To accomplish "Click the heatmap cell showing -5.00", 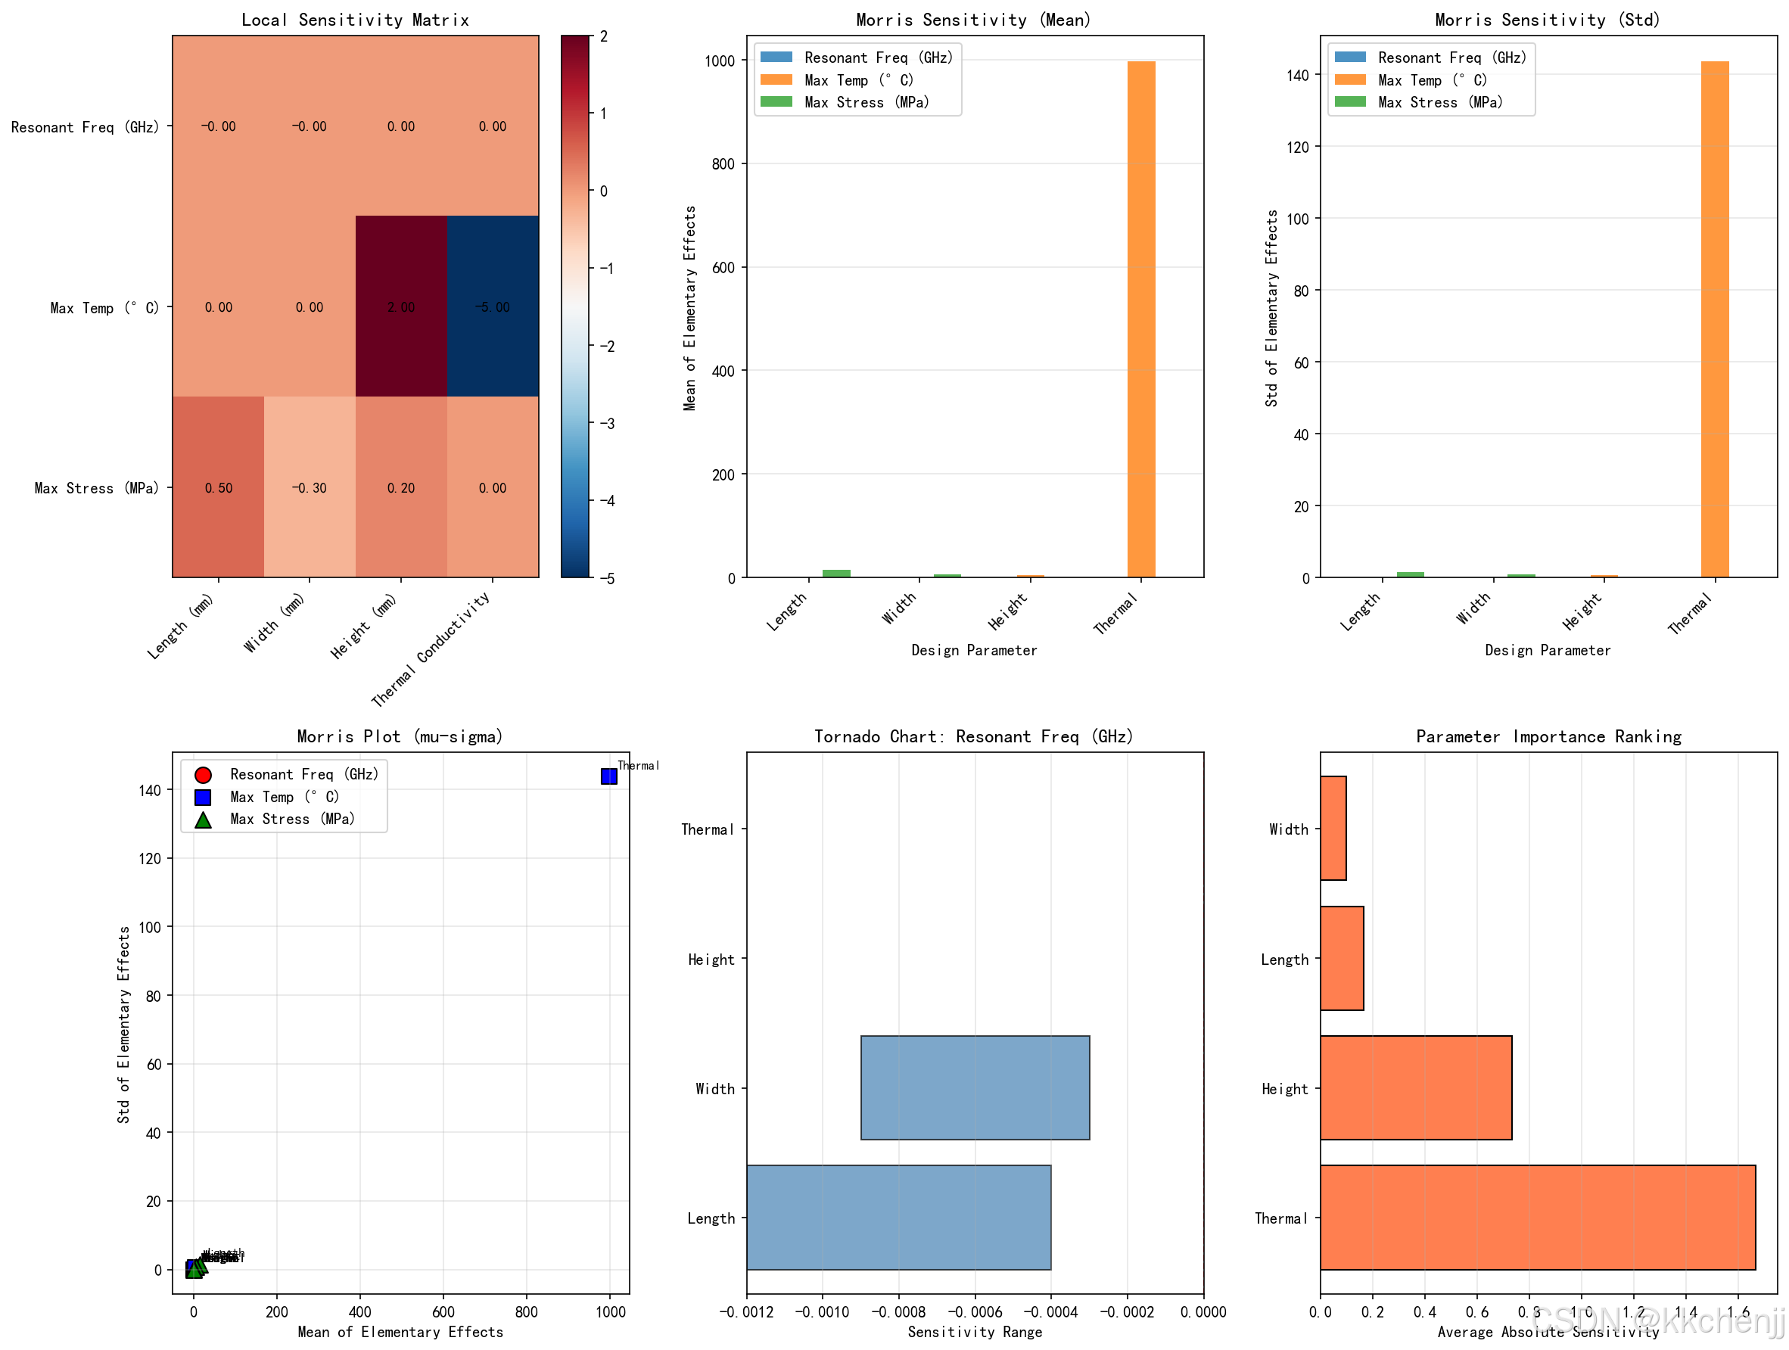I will point(493,306).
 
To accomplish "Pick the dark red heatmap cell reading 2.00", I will point(401,306).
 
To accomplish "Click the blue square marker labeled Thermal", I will point(609,776).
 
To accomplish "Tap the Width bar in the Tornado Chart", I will point(975,1088).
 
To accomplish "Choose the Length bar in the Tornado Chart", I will point(898,1218).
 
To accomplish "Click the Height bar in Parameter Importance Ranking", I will point(1415,1088).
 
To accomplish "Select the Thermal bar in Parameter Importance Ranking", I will point(1537,1218).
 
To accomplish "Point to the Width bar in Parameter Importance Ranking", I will point(1333,829).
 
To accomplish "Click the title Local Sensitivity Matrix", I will point(355,20).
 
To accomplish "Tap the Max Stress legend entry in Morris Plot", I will point(292,819).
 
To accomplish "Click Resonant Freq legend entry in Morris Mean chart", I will point(879,58).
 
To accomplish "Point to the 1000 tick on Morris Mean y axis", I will point(720,61).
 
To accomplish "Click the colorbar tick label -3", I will point(605,423).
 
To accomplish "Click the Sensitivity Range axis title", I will point(975,1331).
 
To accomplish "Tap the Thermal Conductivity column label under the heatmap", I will point(431,649).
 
